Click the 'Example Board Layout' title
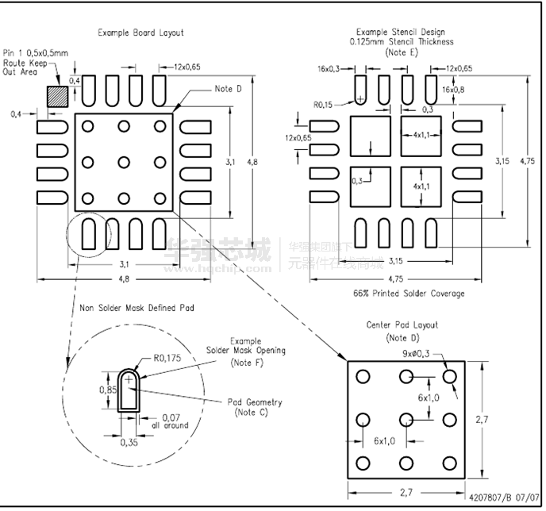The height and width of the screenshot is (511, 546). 140,33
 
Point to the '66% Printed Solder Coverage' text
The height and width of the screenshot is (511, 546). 409,294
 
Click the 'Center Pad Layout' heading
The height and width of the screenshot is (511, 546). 402,325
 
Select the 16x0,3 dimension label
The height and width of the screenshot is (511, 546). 329,69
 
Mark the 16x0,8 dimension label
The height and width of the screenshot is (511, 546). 456,90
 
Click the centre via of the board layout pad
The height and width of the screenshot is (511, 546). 124,162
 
